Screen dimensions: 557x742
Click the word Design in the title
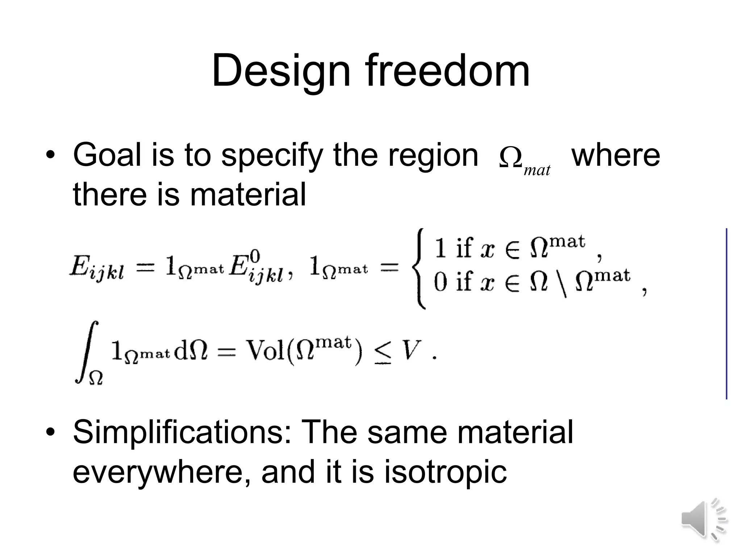click(281, 71)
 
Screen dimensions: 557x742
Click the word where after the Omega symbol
click(616, 155)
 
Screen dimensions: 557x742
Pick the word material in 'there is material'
click(248, 194)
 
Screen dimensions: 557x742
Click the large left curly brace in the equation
click(418, 269)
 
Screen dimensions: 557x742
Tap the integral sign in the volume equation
click(87, 352)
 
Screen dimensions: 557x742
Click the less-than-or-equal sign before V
click(383, 353)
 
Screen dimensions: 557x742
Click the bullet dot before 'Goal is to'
click(50, 156)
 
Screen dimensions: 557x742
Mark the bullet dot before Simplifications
click(50, 432)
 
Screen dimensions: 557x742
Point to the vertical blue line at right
click(726, 314)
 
